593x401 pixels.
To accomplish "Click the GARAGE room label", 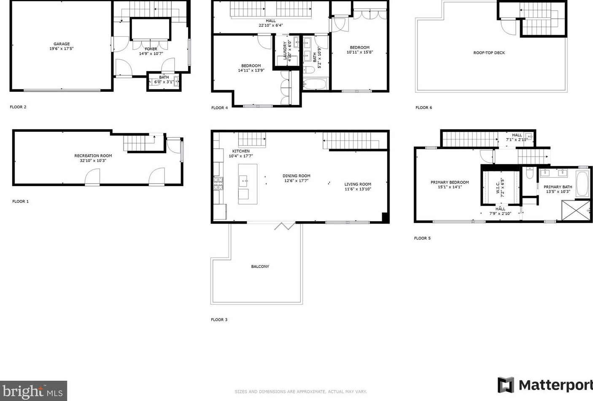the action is (62, 44).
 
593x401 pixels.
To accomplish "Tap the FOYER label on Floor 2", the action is (151, 49).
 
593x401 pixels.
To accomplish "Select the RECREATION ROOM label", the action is (93, 156).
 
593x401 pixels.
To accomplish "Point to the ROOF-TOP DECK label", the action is (489, 53).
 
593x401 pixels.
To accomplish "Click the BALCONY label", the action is (260, 267).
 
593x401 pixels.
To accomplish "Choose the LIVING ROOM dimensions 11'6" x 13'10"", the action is (358, 189).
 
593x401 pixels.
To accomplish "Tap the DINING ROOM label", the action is (296, 176).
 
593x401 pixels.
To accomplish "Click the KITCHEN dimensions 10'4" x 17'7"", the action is (241, 156).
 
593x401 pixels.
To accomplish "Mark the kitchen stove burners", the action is (218, 184).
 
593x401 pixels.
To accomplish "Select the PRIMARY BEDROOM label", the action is (450, 182).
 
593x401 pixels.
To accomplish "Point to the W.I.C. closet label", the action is (498, 187).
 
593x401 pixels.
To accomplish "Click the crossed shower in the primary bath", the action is (576, 210).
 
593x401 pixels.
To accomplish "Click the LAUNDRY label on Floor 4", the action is (285, 51).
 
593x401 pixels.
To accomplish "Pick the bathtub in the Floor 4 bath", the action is (314, 84).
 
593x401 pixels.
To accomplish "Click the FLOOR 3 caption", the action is (219, 320).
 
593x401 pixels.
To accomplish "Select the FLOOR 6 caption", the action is (423, 107).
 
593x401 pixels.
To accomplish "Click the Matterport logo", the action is (545, 385).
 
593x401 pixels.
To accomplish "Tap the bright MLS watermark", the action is (33, 391).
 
